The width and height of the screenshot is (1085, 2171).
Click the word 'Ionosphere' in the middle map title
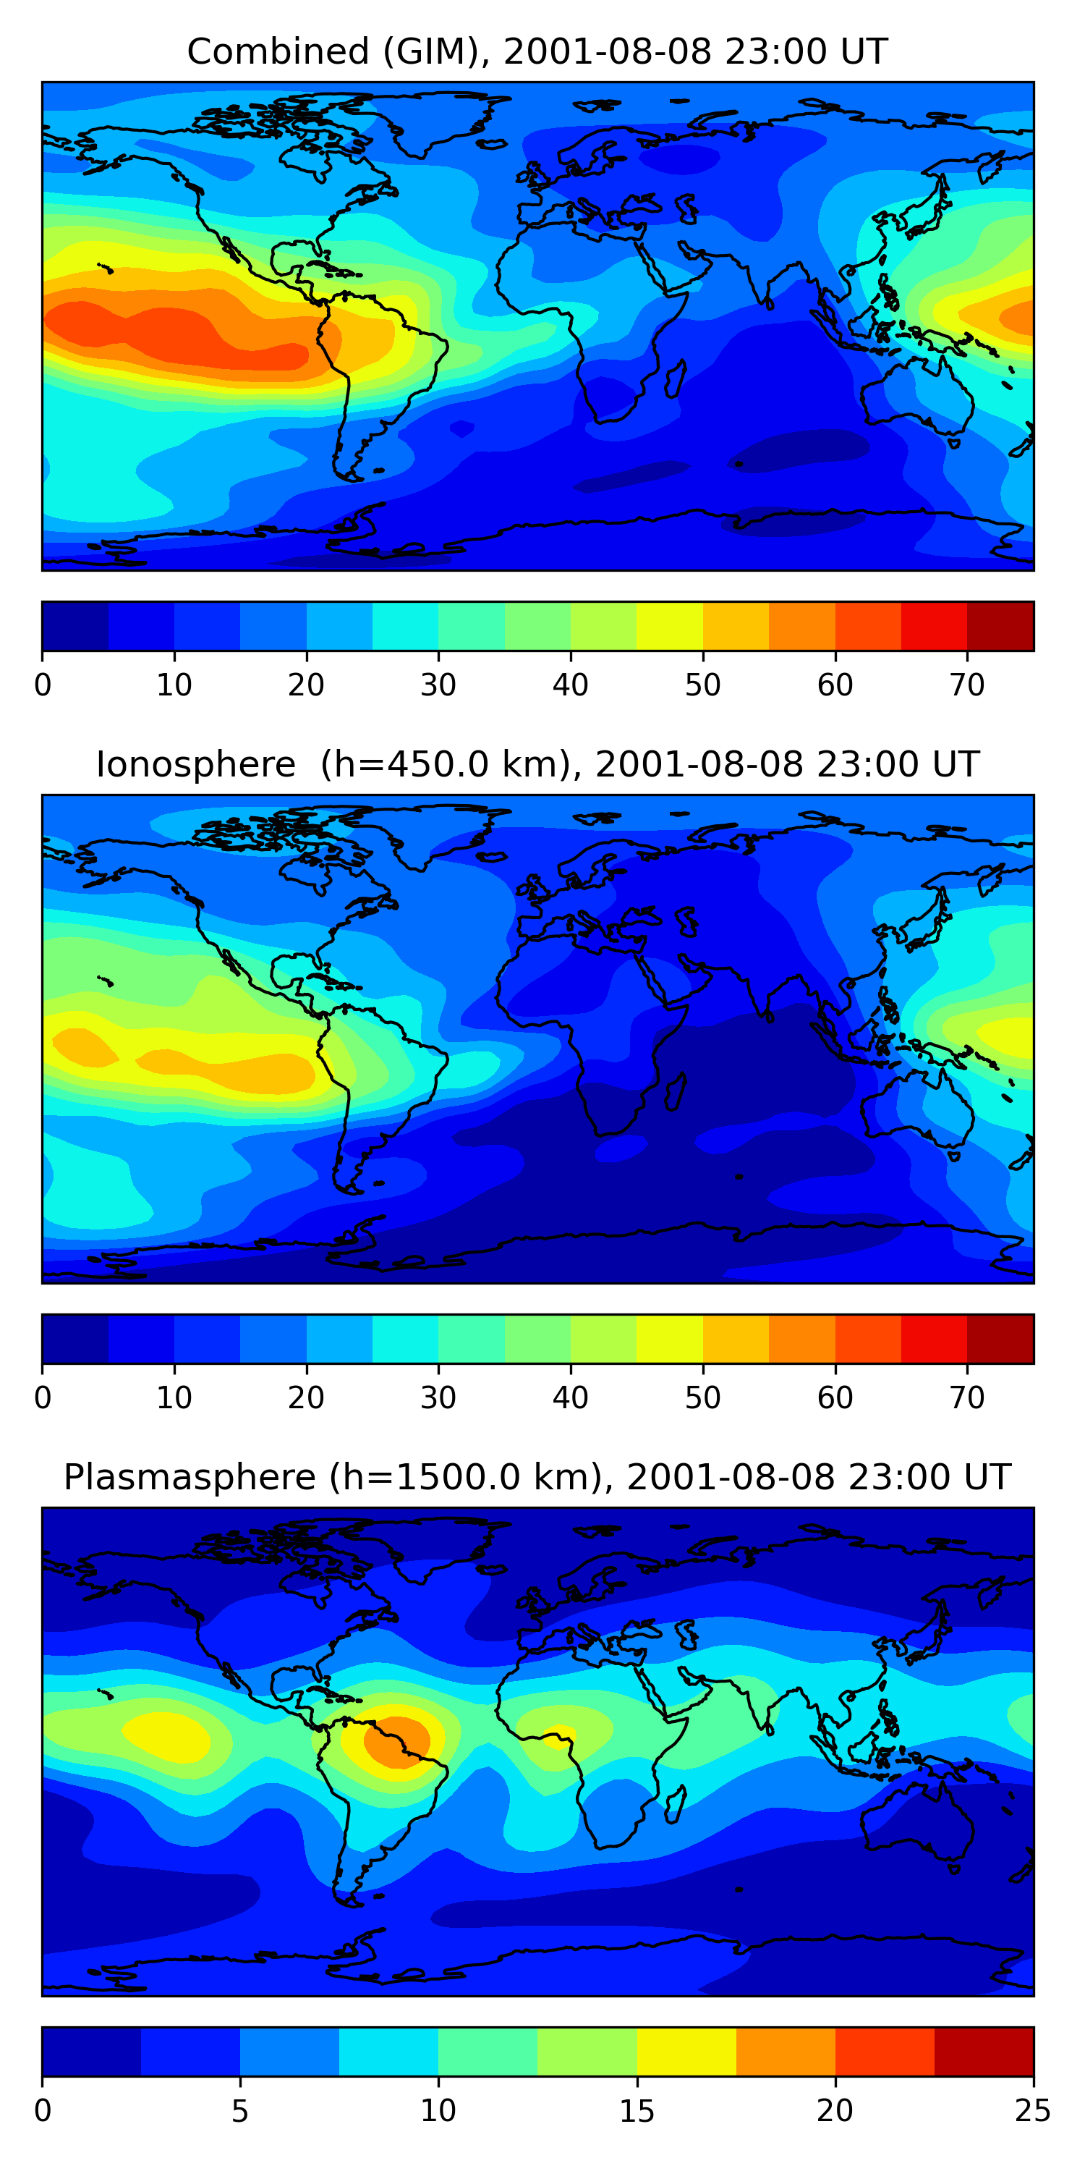(195, 764)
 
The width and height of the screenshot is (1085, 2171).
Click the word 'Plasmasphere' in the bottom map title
(190, 1478)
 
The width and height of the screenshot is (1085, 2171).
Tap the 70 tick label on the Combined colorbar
(967, 685)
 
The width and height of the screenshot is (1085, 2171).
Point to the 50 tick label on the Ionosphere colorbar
(702, 1398)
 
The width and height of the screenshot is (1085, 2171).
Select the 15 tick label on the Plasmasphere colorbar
(637, 2110)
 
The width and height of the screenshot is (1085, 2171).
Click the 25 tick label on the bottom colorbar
(1033, 2110)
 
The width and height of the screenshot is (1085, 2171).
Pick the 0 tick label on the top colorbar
(43, 685)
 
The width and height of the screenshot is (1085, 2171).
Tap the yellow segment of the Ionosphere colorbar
(670, 1338)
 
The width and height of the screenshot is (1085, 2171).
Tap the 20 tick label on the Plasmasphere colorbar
(835, 2110)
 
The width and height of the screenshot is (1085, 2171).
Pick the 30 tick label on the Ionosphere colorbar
(438, 1398)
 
